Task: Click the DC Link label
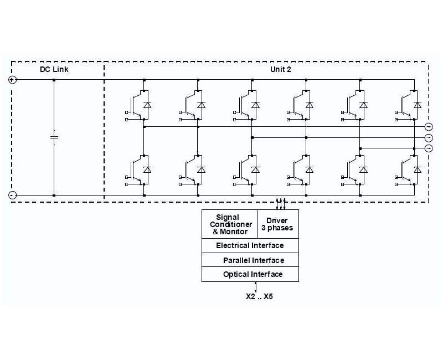(54, 69)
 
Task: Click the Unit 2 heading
(279, 69)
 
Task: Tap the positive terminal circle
(12, 80)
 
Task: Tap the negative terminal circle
(12, 195)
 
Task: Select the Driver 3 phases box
(277, 224)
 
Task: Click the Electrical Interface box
(250, 245)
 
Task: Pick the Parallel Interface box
(250, 260)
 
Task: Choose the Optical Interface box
(250, 274)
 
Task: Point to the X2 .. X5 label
(259, 296)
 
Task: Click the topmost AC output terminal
(428, 126)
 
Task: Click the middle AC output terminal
(428, 137)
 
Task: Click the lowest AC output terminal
(428, 148)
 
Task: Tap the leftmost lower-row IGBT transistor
(136, 169)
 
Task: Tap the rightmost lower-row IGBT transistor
(407, 169)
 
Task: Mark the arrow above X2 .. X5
(255, 286)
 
